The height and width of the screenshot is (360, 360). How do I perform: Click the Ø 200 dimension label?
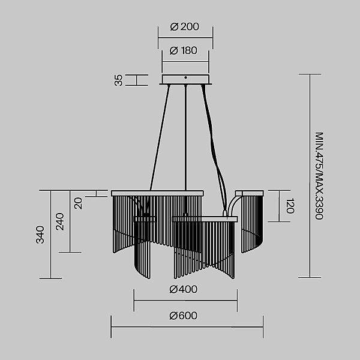[184, 26]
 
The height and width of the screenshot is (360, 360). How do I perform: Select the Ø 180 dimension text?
[183, 50]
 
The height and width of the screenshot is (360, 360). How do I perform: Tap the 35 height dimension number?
[118, 80]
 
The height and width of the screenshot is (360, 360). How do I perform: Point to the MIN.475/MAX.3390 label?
[319, 176]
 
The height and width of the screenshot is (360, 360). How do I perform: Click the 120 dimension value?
[290, 206]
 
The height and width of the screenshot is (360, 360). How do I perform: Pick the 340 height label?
[40, 235]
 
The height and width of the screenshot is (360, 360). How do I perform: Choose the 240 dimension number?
[59, 221]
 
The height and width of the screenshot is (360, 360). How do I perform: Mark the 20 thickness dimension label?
[78, 203]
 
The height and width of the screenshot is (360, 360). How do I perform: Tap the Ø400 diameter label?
[183, 289]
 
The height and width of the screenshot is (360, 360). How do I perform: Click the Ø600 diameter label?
[183, 316]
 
